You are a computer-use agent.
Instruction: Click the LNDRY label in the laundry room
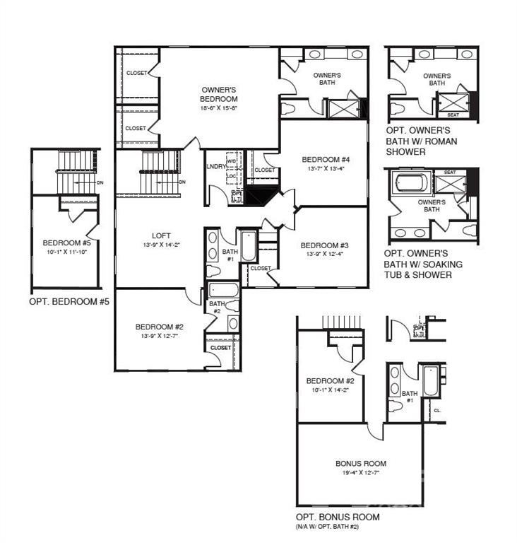point(215,167)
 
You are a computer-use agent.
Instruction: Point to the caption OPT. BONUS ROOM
point(338,518)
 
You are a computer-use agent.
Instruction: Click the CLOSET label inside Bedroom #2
point(220,347)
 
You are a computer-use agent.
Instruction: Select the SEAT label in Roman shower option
point(453,115)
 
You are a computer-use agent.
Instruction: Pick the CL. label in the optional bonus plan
point(437,409)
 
